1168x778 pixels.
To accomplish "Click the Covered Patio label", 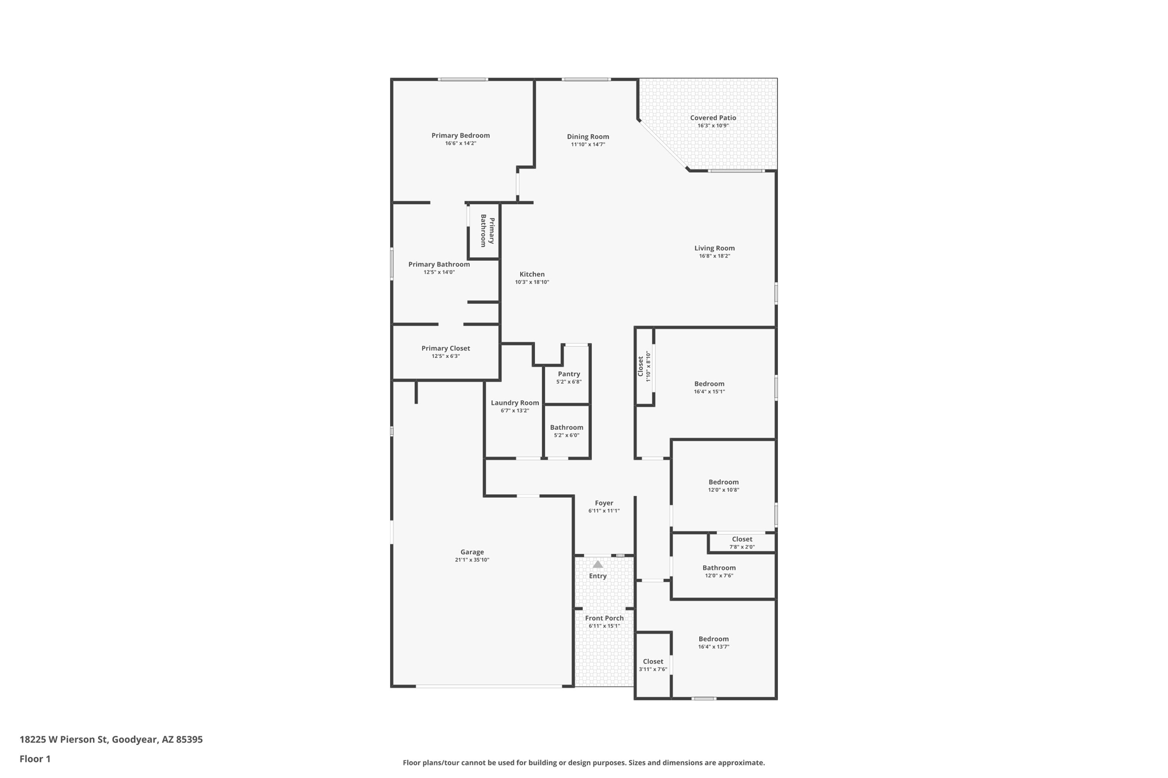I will (x=713, y=118).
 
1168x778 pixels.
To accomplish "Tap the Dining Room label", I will (x=588, y=137).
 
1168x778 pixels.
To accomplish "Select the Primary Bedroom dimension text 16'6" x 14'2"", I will (x=461, y=144).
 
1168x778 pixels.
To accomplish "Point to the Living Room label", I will (x=715, y=249).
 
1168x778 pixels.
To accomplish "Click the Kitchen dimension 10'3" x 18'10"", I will (x=532, y=282).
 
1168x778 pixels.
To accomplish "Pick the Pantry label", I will (x=569, y=374).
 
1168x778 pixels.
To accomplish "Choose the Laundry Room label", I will (x=515, y=403).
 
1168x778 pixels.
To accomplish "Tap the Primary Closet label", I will (x=446, y=349).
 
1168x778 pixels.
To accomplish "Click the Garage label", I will (x=472, y=552).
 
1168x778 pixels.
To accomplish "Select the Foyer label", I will (x=604, y=503).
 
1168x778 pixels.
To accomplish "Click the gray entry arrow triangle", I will (x=598, y=564).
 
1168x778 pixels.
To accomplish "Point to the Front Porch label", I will (x=605, y=618).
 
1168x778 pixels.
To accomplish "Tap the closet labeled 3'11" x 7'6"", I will (x=653, y=662).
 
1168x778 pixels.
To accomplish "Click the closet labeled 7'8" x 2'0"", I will (x=742, y=540).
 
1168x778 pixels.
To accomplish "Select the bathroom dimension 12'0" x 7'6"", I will (x=719, y=576).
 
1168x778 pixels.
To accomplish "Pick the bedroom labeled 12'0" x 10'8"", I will (x=724, y=483).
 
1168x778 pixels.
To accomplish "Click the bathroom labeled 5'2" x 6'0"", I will (x=566, y=428).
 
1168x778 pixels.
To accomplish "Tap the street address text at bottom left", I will (x=111, y=740).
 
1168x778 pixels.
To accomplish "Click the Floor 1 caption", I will (x=35, y=759).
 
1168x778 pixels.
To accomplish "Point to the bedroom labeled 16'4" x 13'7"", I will (x=713, y=639).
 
